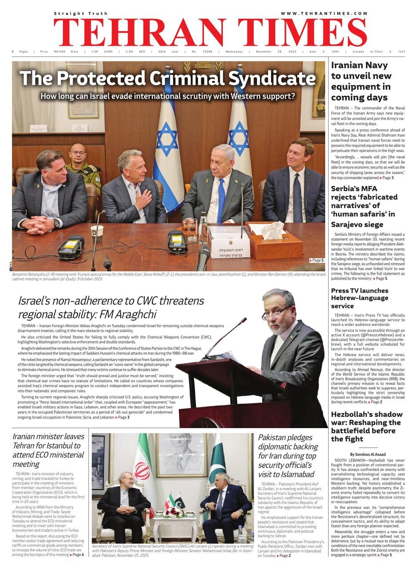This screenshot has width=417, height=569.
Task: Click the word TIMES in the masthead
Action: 302,32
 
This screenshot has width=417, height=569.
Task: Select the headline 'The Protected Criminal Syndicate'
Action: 167,78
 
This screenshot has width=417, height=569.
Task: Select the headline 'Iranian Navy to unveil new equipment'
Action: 361,82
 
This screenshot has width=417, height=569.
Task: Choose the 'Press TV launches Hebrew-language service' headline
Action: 360,298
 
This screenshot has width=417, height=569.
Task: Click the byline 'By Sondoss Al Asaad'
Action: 368,454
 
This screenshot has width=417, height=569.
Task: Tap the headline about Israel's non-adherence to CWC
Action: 111,307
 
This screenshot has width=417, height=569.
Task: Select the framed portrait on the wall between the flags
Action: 181,455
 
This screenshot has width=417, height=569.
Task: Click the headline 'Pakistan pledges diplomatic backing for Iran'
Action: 288,456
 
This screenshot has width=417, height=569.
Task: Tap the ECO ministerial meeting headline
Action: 48,450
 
